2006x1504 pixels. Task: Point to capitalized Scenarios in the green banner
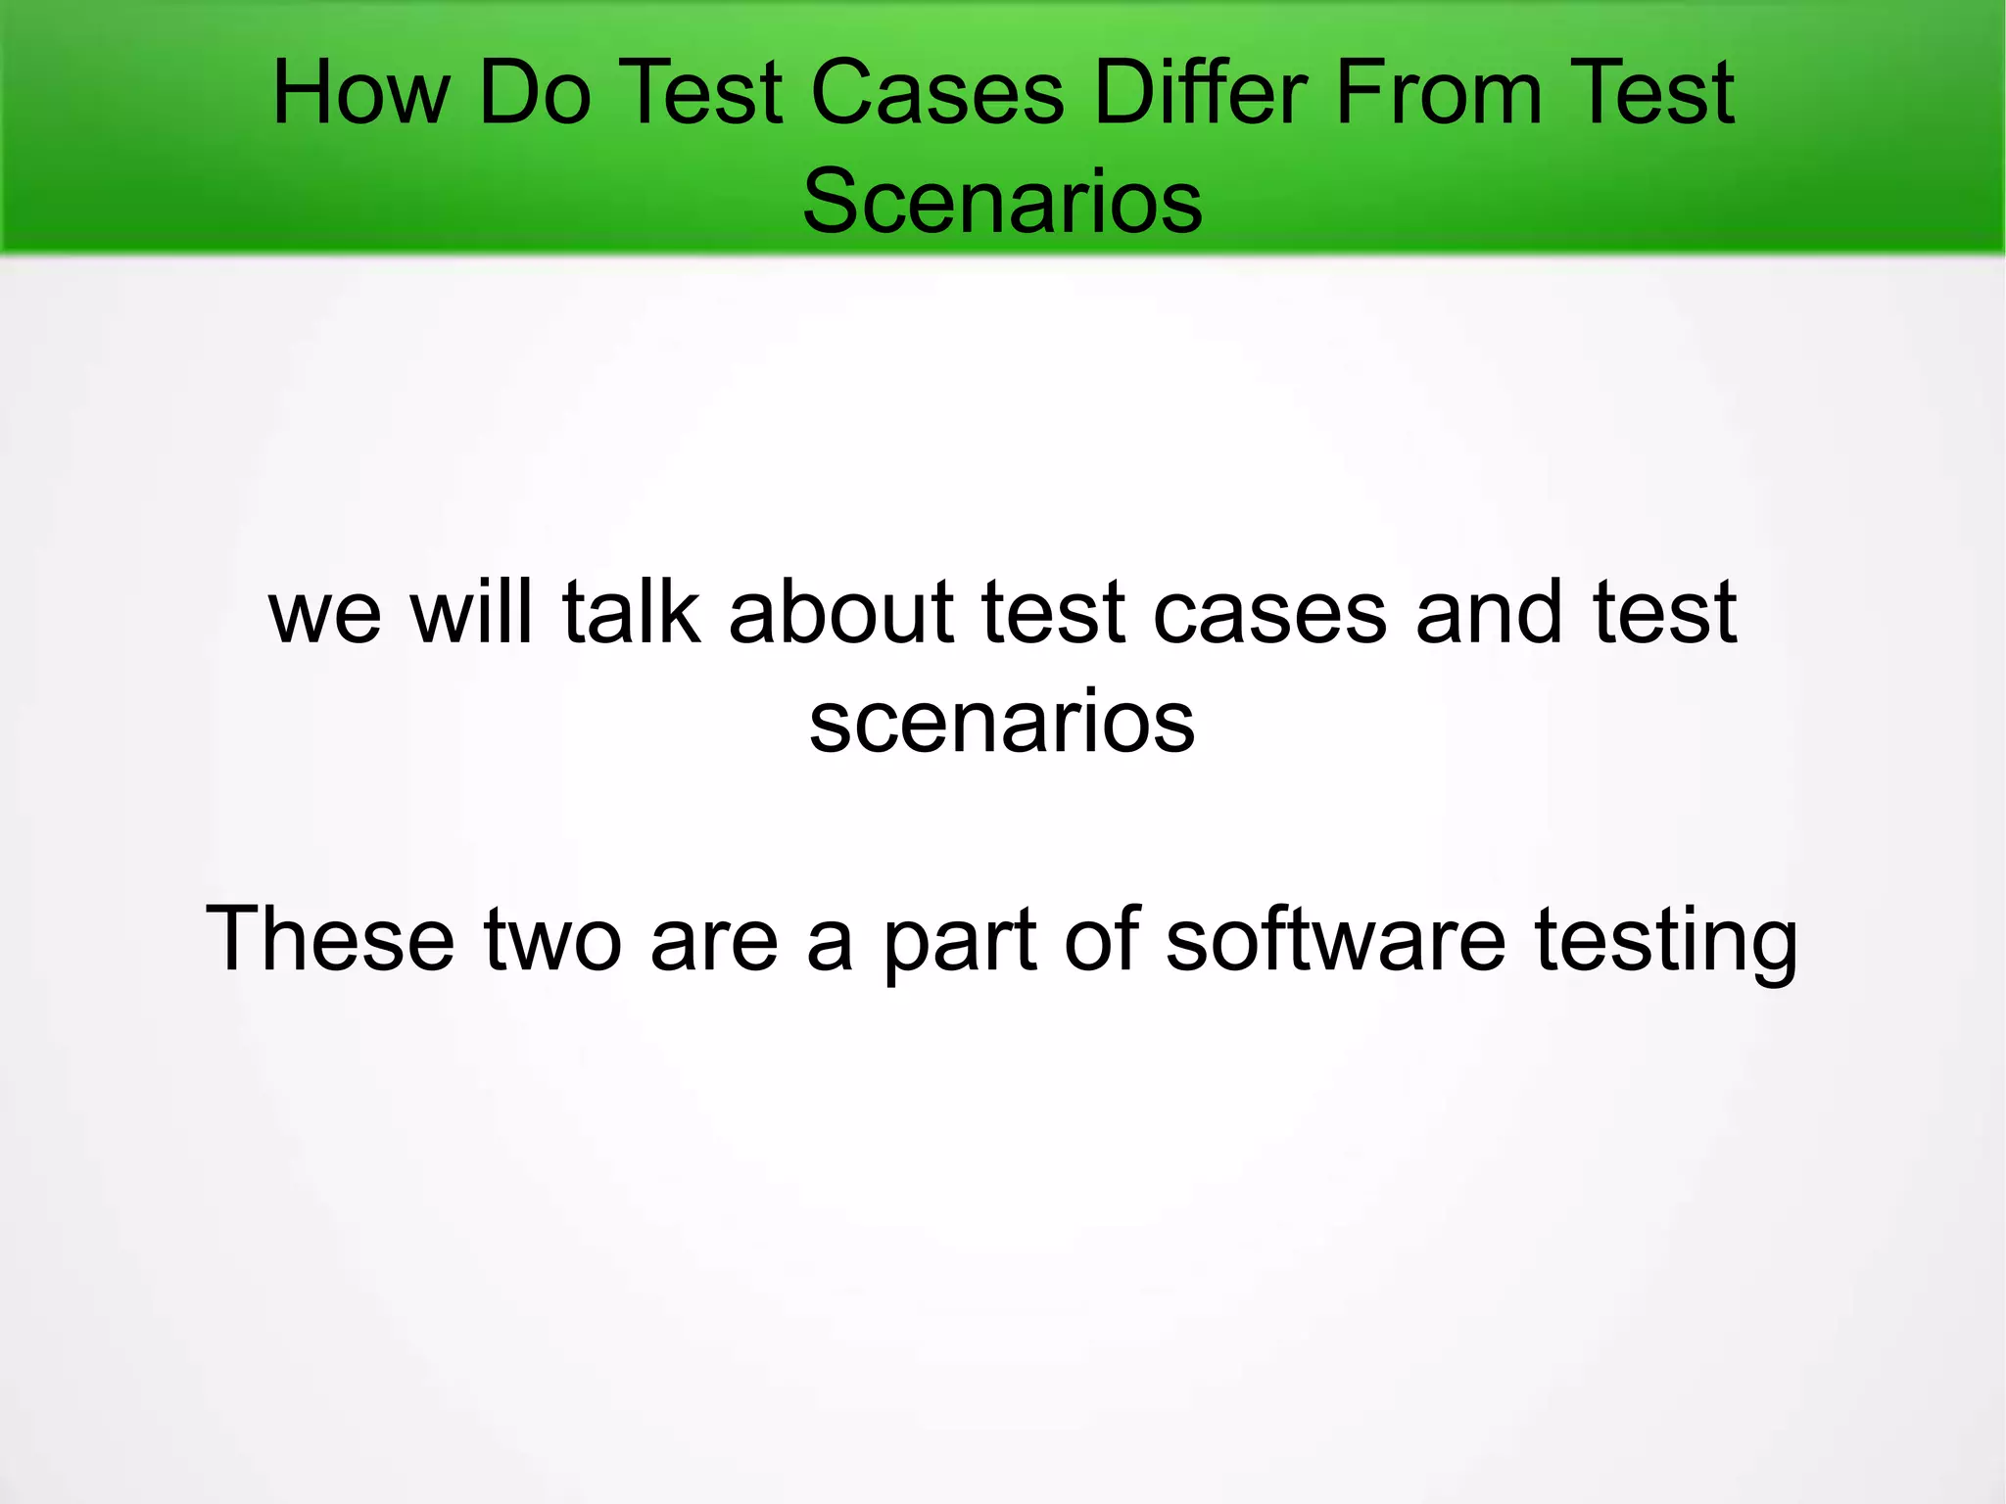tap(1002, 202)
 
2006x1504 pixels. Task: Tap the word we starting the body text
tap(324, 614)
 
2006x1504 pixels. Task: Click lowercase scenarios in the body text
tap(1002, 723)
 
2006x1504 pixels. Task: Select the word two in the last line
tap(552, 940)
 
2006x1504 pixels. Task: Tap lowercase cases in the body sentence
tap(1269, 614)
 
